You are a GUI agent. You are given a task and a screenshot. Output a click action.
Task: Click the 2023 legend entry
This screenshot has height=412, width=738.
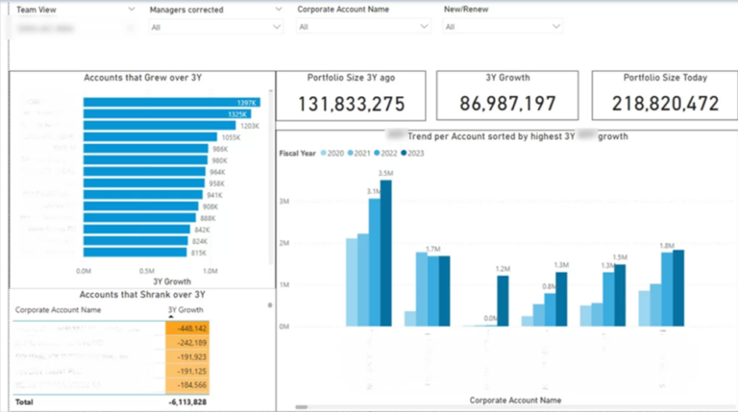click(x=414, y=154)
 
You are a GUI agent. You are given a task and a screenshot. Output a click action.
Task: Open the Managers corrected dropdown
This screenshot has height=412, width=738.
click(x=215, y=27)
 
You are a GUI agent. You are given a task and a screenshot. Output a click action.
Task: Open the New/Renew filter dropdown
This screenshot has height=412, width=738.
click(x=502, y=27)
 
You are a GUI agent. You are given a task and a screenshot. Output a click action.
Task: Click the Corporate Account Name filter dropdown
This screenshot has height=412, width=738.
click(x=362, y=27)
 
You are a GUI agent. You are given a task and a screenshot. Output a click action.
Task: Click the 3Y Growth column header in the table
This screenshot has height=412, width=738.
click(x=185, y=310)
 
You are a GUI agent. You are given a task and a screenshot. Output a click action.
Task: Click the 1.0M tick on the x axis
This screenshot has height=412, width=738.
click(x=209, y=271)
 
